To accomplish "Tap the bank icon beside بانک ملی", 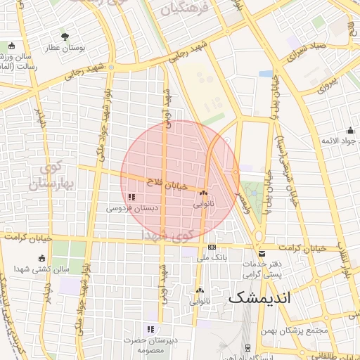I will [212, 247].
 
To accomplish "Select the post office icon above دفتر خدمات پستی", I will [262, 253].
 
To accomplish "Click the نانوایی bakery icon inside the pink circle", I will [203, 193].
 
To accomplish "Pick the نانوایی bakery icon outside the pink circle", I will [200, 290].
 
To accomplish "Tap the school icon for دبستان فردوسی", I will [131, 197].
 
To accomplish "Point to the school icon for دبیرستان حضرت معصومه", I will [150, 328].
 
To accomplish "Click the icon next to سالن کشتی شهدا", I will [42, 258].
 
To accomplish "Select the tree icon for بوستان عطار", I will [65, 36].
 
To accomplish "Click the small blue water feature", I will [265, 73].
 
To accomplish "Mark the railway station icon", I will [247, 347].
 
